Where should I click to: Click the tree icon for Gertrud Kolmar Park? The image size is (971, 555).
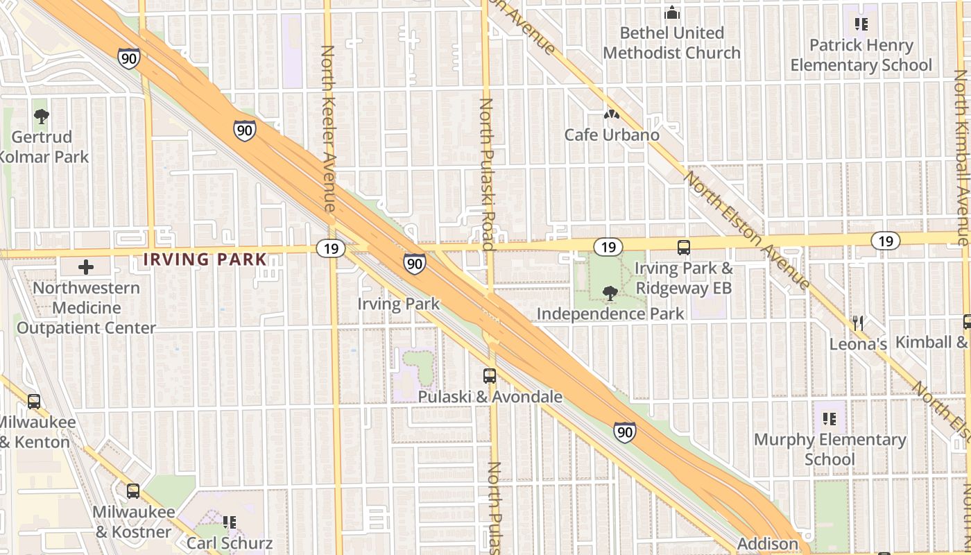coord(42,117)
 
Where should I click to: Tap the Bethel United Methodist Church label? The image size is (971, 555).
coord(671,43)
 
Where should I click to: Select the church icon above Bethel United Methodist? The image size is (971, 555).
coord(671,12)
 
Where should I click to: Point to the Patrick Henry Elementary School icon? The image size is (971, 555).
coord(861,25)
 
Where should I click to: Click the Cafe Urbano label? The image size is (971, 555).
coord(612,135)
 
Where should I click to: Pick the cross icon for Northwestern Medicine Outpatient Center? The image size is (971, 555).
coord(86,267)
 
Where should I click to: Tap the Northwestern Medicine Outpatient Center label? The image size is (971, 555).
coord(87,307)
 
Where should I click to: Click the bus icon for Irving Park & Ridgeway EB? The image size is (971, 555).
coord(684,247)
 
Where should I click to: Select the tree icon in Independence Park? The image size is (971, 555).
coord(610,293)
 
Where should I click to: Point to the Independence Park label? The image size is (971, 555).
coord(610,314)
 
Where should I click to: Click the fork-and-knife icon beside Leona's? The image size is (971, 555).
coord(859,323)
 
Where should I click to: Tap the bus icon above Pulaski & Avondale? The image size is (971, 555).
coord(490,376)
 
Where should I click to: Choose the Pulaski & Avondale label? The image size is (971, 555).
coord(490,397)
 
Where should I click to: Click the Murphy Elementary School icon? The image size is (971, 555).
coord(830,419)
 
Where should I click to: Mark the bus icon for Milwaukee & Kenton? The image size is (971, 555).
coord(33,402)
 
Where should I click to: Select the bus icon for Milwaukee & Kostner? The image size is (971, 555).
coord(133,491)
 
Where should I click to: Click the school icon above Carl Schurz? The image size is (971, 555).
coord(230,522)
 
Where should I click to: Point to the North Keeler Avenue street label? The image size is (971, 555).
coord(328,128)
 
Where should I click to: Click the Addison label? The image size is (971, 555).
coord(767,544)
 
